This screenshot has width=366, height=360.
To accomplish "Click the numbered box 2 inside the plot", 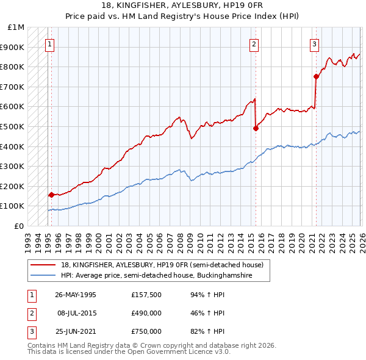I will click(x=253, y=44).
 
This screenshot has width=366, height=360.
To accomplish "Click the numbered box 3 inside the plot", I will click(x=314, y=44).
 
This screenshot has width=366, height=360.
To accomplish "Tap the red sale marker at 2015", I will click(x=256, y=128).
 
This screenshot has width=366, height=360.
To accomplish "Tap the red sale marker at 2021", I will click(x=316, y=76).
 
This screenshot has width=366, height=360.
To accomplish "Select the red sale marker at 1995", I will click(x=51, y=195).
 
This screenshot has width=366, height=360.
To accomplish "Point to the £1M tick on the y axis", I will click(x=16, y=27).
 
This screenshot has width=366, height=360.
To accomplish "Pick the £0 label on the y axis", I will click(x=20, y=226).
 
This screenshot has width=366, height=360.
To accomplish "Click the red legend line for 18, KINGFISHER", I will click(x=43, y=265).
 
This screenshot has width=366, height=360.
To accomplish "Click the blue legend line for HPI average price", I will click(x=43, y=276).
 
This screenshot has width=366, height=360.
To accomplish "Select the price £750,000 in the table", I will click(x=146, y=331).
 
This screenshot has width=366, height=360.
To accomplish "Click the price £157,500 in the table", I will click(x=146, y=295).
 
